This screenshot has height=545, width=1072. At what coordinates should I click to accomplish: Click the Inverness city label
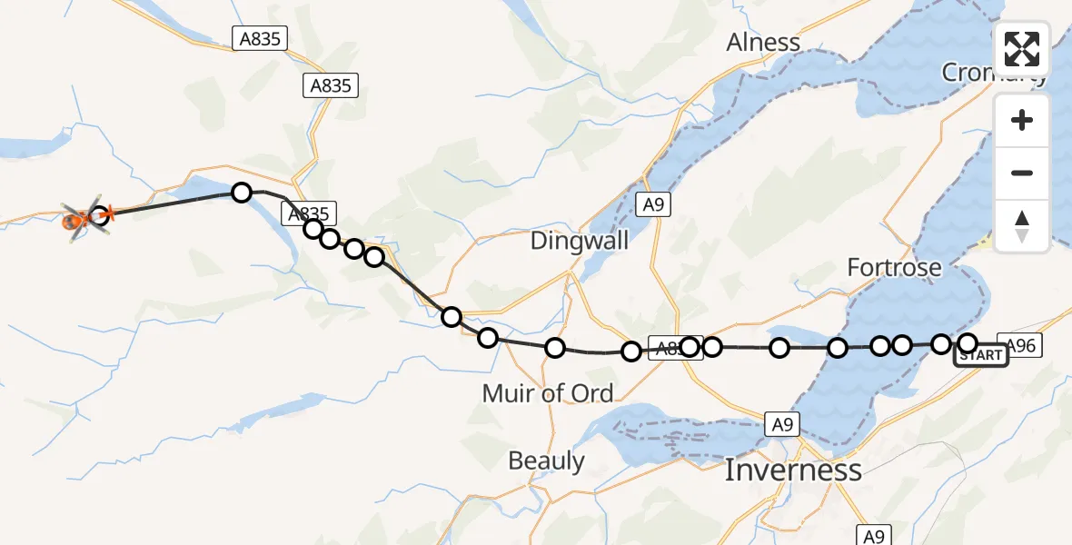click(793, 470)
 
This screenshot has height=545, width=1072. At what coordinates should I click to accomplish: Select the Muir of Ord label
click(548, 393)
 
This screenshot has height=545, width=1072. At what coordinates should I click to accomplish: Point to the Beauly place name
click(546, 461)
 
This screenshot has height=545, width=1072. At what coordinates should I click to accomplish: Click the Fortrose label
click(894, 268)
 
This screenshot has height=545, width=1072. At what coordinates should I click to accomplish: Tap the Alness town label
click(763, 43)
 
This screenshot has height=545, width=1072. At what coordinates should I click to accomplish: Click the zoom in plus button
click(1022, 120)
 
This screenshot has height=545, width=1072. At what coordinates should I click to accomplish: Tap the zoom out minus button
click(1022, 173)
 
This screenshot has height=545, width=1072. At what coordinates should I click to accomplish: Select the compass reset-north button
click(1022, 225)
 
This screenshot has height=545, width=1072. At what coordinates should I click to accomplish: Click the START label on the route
click(981, 355)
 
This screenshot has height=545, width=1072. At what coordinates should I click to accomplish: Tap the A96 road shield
click(1020, 344)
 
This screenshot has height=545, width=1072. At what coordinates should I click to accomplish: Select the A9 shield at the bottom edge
click(871, 535)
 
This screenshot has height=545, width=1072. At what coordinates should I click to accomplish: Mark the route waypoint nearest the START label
click(968, 342)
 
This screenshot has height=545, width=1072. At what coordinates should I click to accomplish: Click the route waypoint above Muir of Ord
click(555, 347)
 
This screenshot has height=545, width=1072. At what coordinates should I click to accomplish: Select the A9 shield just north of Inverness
click(781, 422)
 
